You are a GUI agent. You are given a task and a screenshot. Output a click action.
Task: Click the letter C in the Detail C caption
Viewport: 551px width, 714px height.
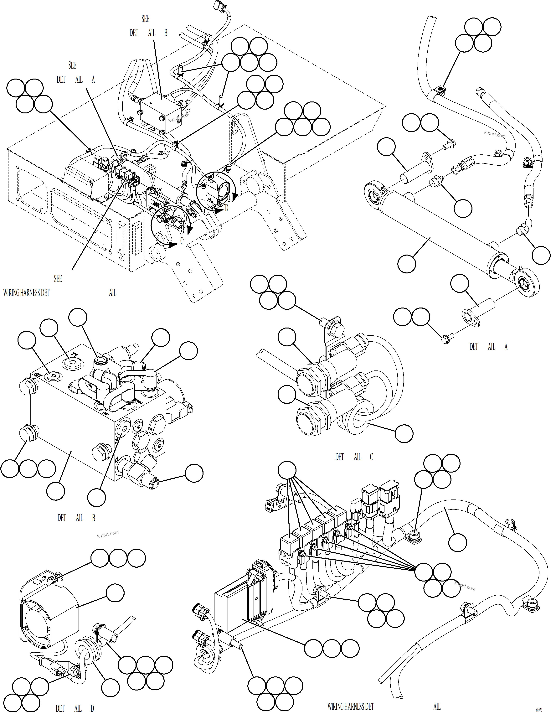point(371,457)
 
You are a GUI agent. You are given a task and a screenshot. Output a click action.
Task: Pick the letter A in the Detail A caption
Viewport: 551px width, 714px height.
point(506,347)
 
